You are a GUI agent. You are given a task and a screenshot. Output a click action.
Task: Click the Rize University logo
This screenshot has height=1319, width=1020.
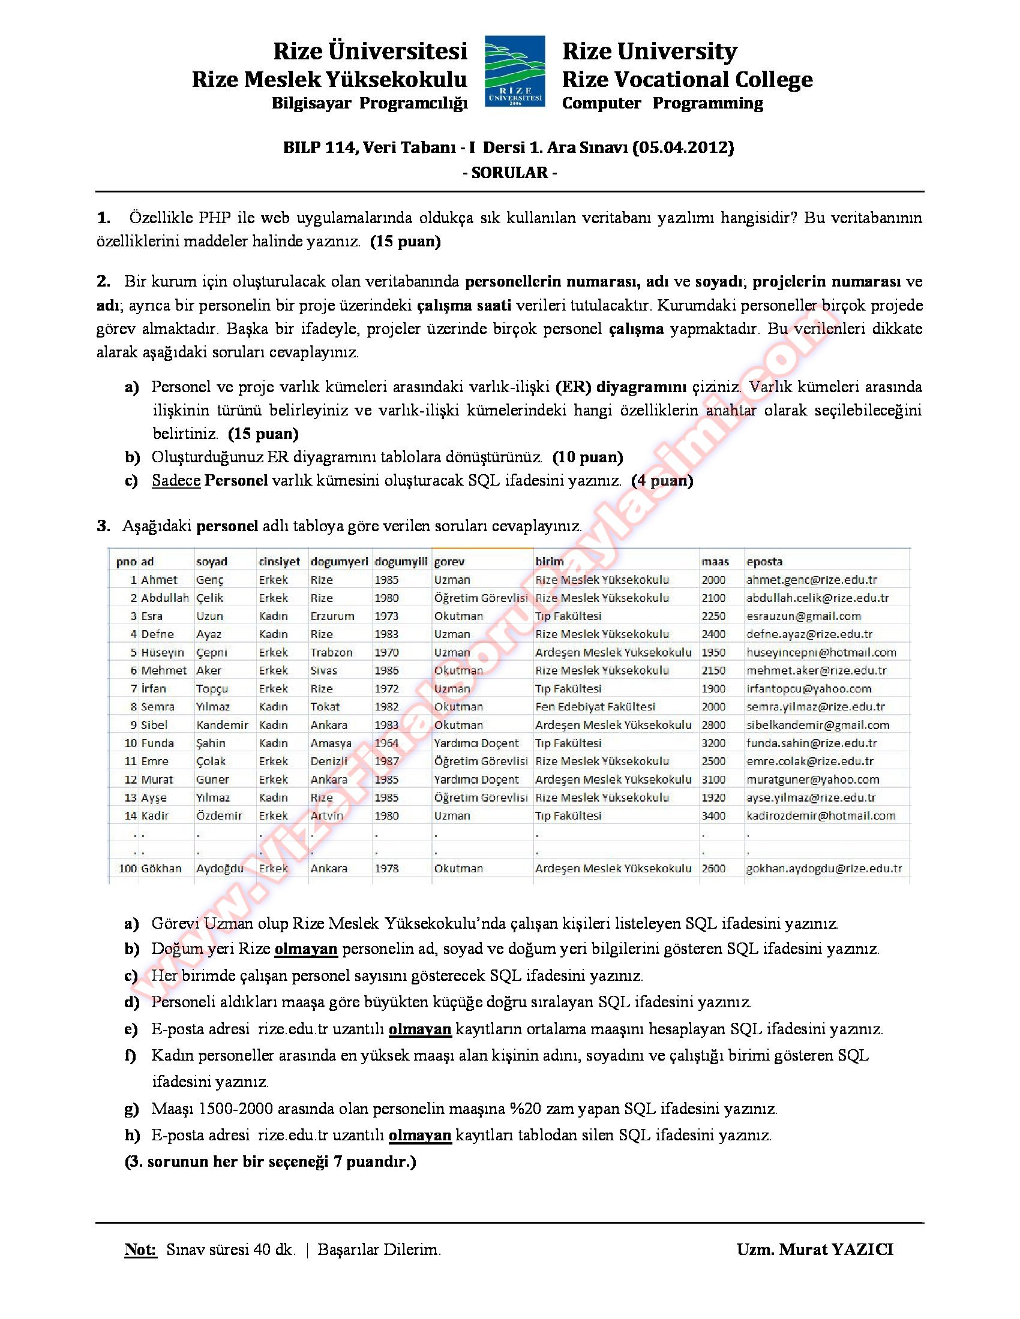point(515,71)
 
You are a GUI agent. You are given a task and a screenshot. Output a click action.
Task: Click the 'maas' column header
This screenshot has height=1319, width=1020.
point(715,562)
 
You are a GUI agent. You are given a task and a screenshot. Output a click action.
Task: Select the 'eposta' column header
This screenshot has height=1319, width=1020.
point(764,562)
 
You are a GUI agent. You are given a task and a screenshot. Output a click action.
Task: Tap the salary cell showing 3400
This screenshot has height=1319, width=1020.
point(713,816)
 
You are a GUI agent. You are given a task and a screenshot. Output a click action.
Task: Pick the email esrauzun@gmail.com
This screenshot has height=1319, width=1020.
point(803,616)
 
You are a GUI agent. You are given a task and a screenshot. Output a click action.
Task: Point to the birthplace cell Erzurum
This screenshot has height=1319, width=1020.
point(332,616)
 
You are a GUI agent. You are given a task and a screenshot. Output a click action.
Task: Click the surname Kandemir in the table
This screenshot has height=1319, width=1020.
point(223,725)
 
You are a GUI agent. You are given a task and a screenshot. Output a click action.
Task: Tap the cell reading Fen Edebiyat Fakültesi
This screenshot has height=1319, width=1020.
point(595,707)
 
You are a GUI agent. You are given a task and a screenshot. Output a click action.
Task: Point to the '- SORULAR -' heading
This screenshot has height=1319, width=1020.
point(509,173)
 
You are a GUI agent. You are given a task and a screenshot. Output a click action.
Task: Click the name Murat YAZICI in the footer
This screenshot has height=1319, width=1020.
point(836,1249)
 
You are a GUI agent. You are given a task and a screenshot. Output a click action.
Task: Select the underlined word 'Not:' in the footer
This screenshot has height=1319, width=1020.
point(140,1249)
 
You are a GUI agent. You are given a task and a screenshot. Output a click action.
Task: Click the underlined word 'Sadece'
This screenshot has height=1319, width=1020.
point(176,481)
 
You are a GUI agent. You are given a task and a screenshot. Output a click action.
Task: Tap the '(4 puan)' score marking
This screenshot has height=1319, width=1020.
point(662,481)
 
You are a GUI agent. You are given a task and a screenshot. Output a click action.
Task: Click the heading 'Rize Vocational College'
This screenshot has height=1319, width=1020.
point(687,79)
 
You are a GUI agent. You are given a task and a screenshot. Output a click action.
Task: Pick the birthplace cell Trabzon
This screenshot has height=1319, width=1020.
point(332,652)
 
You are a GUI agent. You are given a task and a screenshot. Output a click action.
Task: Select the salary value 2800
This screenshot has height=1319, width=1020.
point(713,725)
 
